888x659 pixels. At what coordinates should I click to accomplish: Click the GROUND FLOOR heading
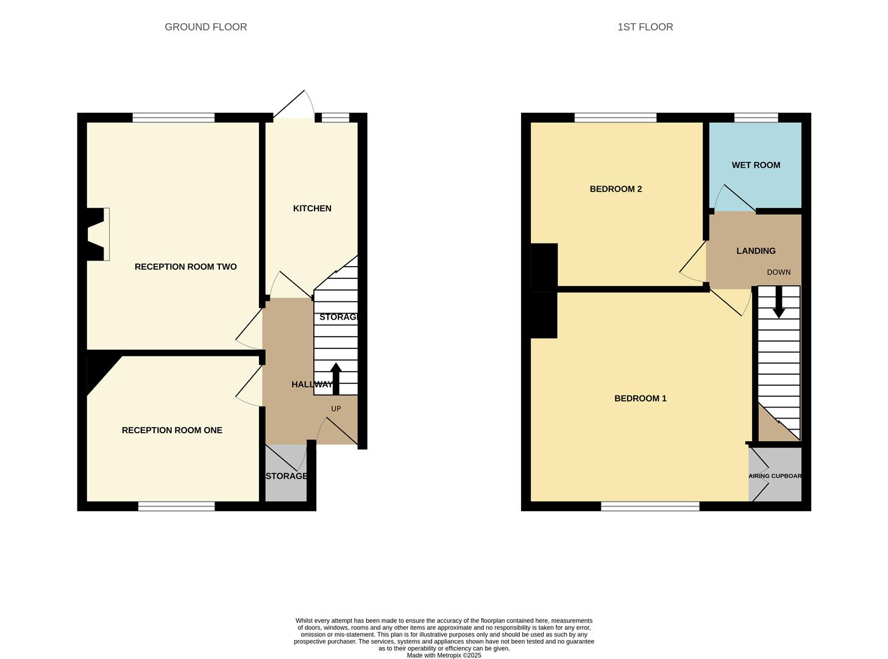click(x=205, y=27)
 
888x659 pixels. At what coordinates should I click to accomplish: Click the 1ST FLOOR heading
click(x=645, y=27)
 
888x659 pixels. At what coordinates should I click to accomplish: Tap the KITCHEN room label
click(x=312, y=209)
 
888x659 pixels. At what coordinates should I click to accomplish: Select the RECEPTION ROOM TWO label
click(x=185, y=267)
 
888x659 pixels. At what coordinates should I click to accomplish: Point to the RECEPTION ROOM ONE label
click(x=172, y=430)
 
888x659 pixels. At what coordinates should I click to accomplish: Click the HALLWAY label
click(x=311, y=384)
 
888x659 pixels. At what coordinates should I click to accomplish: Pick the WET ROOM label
click(x=756, y=165)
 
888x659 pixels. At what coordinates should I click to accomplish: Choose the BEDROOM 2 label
click(x=616, y=189)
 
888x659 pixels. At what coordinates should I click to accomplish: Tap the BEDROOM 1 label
click(x=640, y=398)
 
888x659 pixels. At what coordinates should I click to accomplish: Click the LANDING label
click(x=756, y=251)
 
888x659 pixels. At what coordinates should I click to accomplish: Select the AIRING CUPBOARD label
click(x=775, y=476)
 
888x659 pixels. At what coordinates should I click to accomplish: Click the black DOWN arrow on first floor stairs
click(x=778, y=303)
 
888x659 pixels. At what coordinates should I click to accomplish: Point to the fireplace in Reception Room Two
click(x=98, y=234)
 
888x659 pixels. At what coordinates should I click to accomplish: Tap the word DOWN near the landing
click(x=778, y=272)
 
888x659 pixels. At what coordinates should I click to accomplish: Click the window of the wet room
click(x=756, y=118)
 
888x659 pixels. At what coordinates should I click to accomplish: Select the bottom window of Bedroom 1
click(x=650, y=506)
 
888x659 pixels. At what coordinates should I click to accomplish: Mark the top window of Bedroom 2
click(x=615, y=118)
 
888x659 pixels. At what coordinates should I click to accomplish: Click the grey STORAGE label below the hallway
click(x=286, y=476)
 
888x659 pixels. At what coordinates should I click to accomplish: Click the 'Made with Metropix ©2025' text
click(x=444, y=655)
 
